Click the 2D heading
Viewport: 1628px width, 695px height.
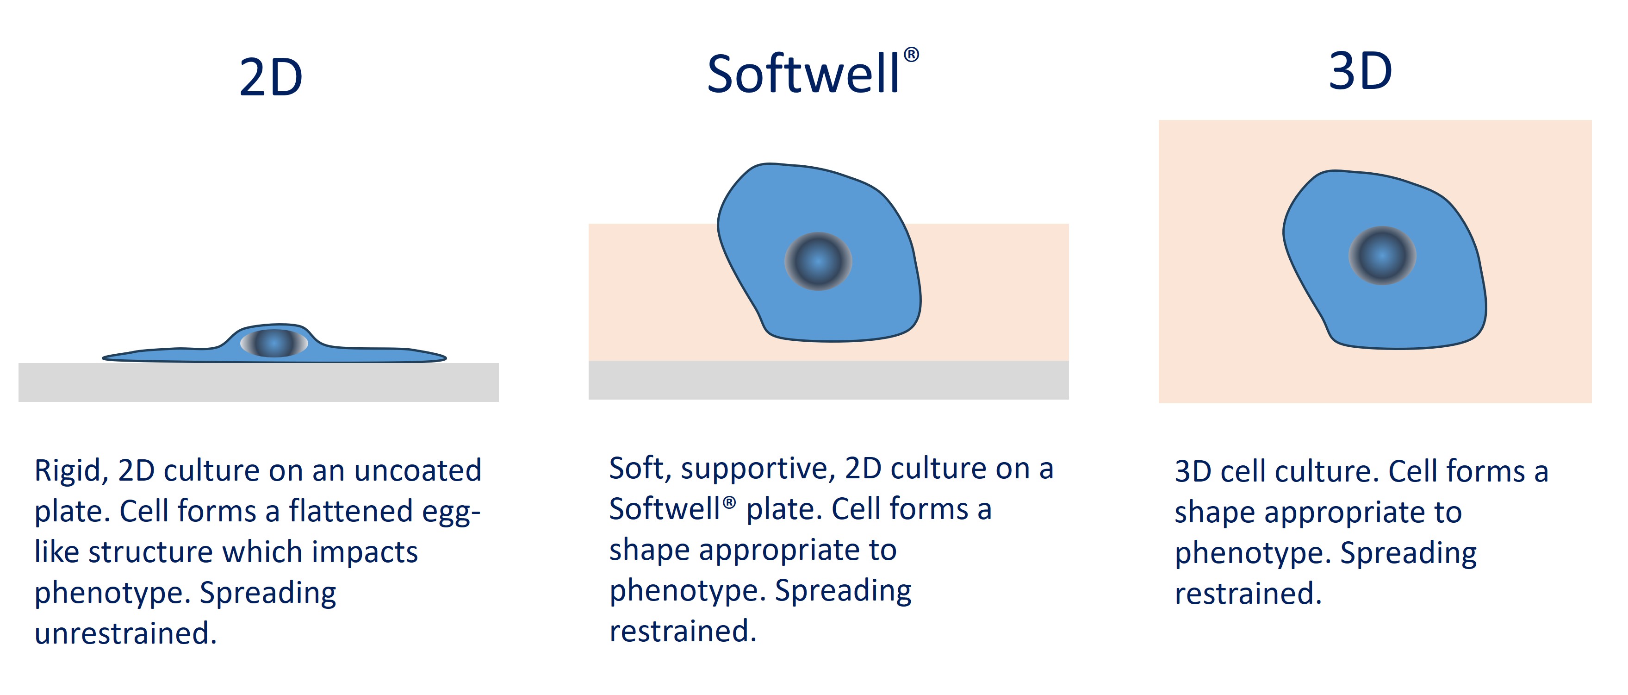(271, 78)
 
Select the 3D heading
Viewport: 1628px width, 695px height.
(1361, 71)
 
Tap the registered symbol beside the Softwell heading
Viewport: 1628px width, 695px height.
(911, 55)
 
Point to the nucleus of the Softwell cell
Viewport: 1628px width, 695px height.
(819, 261)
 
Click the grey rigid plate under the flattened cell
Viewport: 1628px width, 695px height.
(259, 382)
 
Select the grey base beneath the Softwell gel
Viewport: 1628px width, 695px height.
(828, 380)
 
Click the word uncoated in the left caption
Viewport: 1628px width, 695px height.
(418, 470)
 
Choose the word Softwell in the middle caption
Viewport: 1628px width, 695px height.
(665, 509)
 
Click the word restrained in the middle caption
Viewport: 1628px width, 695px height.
(683, 631)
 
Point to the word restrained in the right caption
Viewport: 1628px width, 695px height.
(1248, 594)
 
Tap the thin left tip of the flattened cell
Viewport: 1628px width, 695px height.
(104, 358)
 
